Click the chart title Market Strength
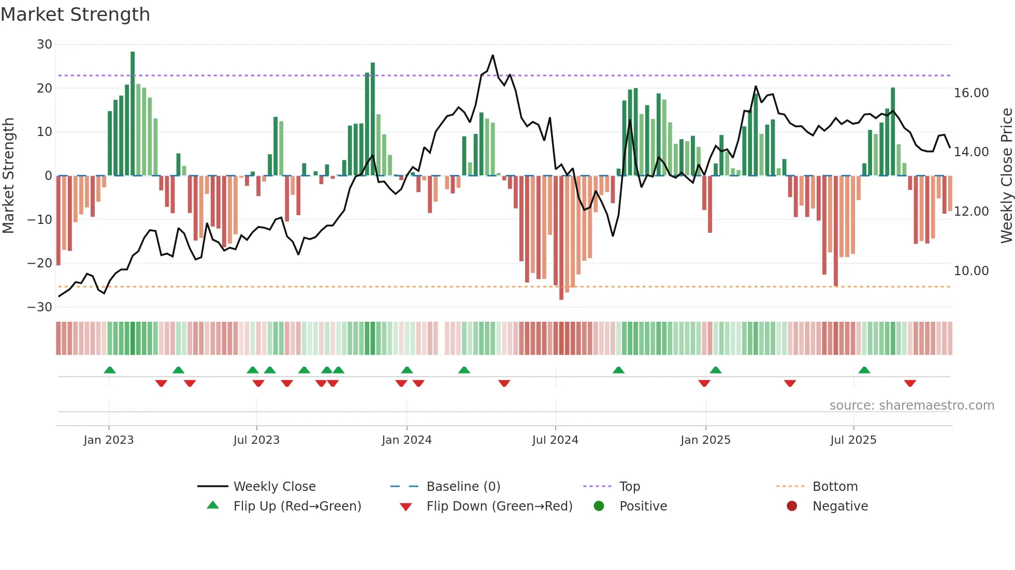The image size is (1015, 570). (75, 14)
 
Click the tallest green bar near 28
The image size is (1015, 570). (133, 113)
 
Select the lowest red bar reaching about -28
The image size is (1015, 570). (561, 237)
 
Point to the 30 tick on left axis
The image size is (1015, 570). (45, 44)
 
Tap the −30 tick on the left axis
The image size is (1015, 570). (40, 307)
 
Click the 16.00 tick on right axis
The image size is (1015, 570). (971, 93)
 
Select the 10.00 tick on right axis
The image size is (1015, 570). (971, 271)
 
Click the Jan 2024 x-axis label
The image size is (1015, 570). (407, 440)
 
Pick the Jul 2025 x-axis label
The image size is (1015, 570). (853, 440)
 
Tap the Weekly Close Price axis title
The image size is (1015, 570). (1006, 176)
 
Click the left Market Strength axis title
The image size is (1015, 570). (8, 176)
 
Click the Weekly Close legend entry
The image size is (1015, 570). (274, 487)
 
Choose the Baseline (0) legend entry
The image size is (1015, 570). (463, 487)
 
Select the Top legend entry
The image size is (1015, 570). (629, 487)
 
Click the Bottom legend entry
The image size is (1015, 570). (835, 487)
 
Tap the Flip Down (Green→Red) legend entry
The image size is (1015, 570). (499, 506)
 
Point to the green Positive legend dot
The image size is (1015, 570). (599, 506)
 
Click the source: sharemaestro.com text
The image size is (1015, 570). (911, 406)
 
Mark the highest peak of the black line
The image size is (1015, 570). (492, 55)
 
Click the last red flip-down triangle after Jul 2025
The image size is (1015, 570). (910, 383)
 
